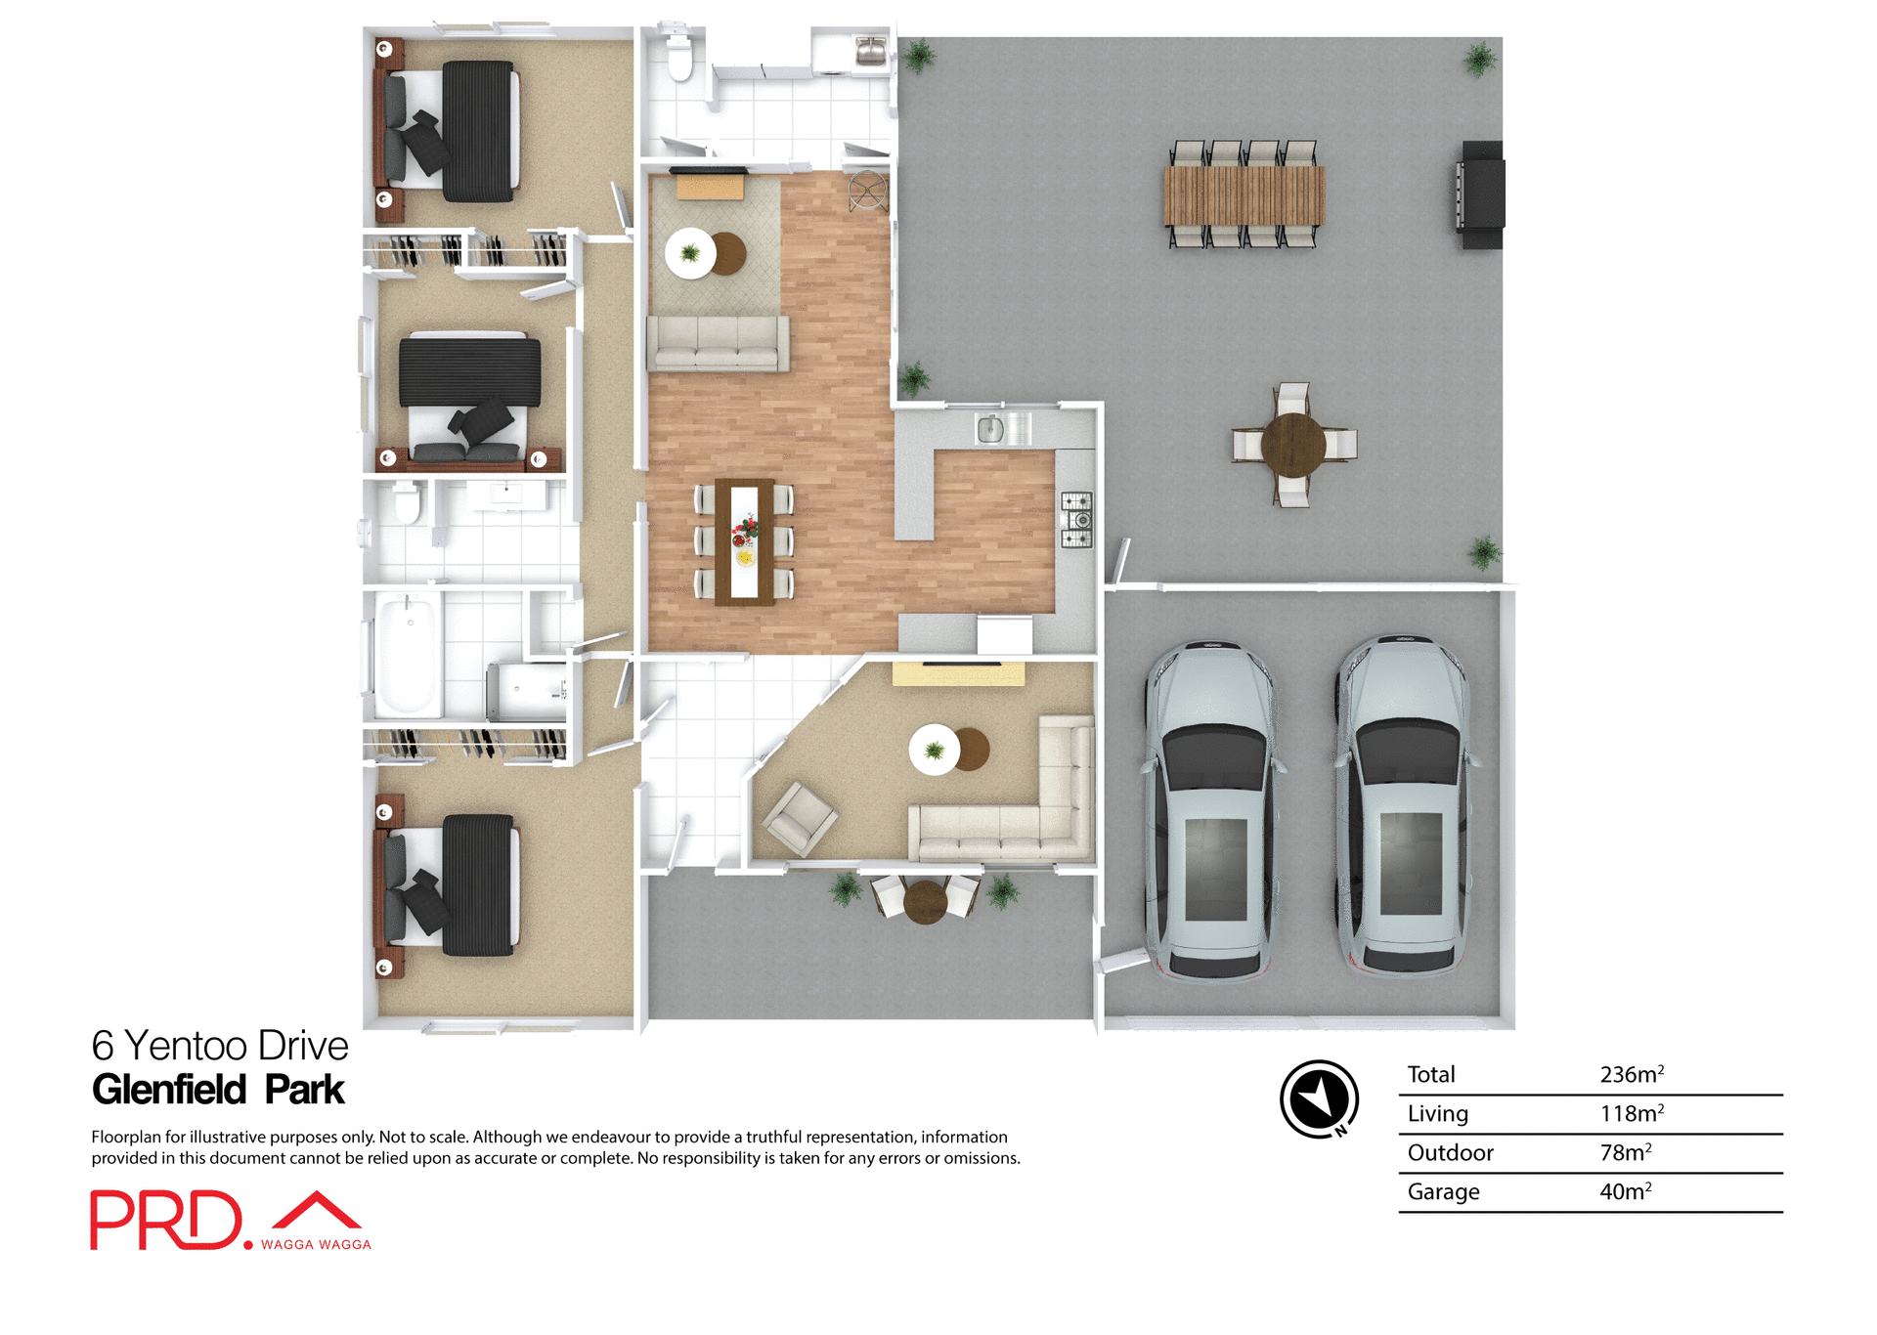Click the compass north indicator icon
click(x=1319, y=1098)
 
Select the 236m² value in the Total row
click(x=1631, y=1074)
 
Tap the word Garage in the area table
click(x=1443, y=1191)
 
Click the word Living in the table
click(x=1437, y=1113)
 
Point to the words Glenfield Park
click(x=218, y=1090)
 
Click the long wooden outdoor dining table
click(x=1244, y=194)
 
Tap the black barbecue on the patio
click(x=1481, y=194)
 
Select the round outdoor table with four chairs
click(x=1292, y=445)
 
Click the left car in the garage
click(x=1212, y=811)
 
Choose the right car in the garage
click(x=1405, y=806)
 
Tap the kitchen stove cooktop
click(x=1076, y=519)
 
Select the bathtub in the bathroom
click(x=409, y=655)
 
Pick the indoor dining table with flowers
click(x=744, y=542)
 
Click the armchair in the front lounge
click(x=800, y=819)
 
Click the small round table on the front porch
click(x=925, y=901)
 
